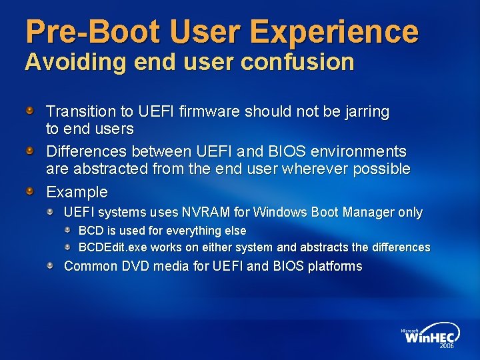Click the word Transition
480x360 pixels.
coord(79,111)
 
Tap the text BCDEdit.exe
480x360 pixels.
coord(111,247)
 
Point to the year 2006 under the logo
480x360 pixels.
coord(447,346)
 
